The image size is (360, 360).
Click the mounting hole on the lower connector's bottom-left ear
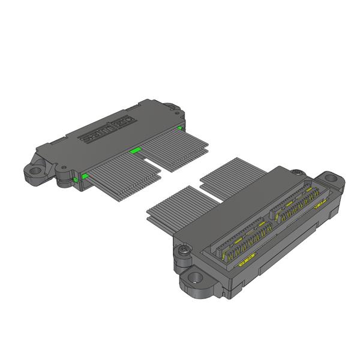194,279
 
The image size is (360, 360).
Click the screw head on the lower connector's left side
182,250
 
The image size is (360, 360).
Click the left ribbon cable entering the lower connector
180,213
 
